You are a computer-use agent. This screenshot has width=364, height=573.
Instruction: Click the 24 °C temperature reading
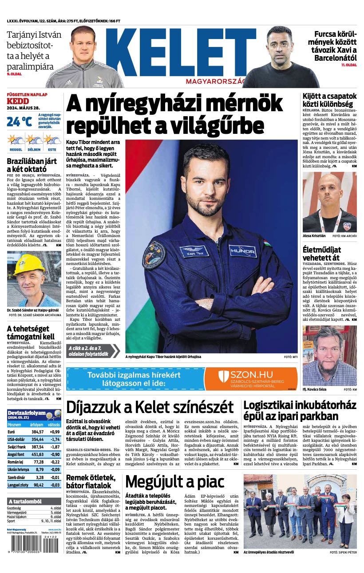pyautogui.click(x=19, y=121)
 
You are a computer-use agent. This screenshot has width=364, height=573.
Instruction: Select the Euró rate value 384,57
pyautogui.click(x=37, y=432)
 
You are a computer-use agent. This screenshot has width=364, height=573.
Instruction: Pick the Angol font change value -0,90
pyautogui.click(x=55, y=454)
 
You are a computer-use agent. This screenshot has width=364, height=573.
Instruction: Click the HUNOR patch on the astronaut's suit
pyautogui.click(x=242, y=251)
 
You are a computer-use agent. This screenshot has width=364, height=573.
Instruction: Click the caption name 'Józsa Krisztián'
pyautogui.click(x=314, y=236)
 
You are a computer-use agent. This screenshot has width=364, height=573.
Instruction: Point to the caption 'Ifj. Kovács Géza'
pyautogui.click(x=315, y=389)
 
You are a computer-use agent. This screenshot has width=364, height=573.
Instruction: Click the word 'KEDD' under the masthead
pyautogui.click(x=18, y=101)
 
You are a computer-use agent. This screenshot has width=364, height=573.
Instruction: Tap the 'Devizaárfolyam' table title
pyautogui.click(x=27, y=412)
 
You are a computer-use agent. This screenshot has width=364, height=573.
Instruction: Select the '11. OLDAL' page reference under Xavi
pyautogui.click(x=349, y=65)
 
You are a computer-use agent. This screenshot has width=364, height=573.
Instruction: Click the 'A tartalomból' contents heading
pyautogui.click(x=26, y=501)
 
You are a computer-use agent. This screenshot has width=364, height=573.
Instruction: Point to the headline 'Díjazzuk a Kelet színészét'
pyautogui.click(x=150, y=406)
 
